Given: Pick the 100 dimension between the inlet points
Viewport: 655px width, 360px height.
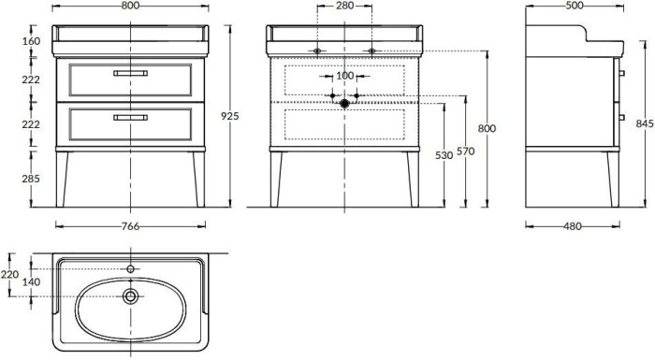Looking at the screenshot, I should [344, 76].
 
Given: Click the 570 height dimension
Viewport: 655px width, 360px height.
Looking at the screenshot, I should [465, 151].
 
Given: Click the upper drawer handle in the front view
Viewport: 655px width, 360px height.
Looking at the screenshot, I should [130, 73].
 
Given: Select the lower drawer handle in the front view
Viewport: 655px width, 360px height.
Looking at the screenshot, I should [130, 117].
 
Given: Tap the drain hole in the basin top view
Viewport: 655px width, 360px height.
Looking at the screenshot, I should [130, 296].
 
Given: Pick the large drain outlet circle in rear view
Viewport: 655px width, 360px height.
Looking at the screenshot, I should [344, 104].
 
